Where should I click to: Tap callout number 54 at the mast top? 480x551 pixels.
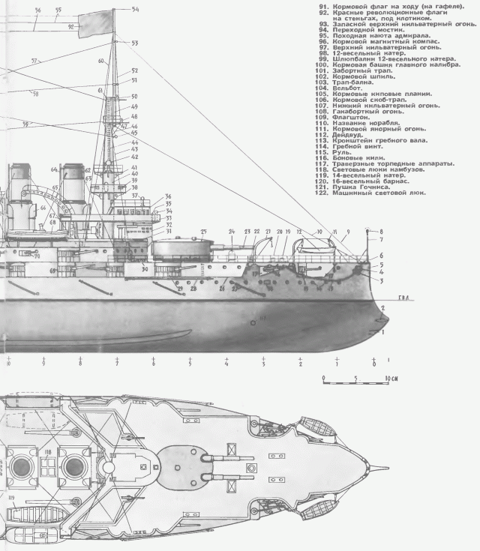pos(135,10)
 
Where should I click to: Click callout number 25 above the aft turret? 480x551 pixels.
pos(203,232)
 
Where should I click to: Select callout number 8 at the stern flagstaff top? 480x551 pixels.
pos(380,232)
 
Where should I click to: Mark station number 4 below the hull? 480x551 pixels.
pos(226,364)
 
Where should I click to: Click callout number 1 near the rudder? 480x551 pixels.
pos(384,331)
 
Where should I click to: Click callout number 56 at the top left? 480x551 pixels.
pos(38,10)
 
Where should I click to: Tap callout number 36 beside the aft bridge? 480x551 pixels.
pos(169,196)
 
